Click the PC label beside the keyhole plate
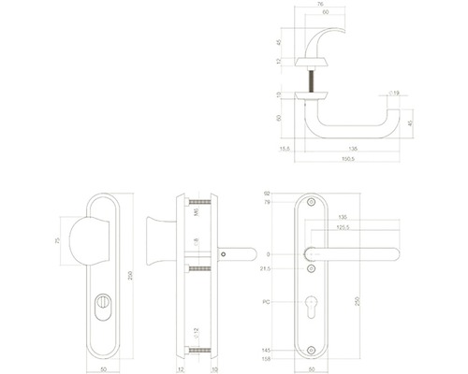pos(268,302)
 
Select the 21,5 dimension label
pos(267,268)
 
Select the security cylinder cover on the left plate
pos(102,307)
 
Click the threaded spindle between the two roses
pos(306,79)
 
